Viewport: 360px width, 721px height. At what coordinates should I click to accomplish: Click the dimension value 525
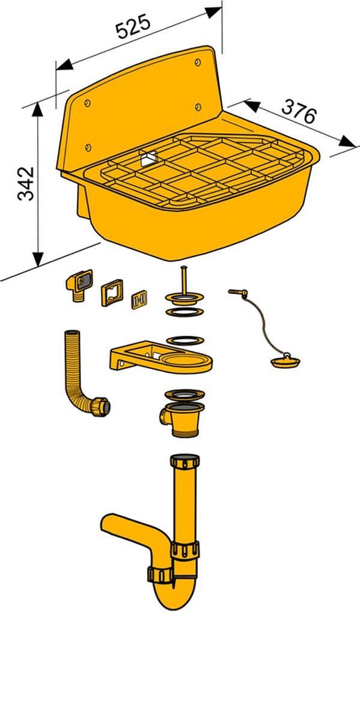coord(133,26)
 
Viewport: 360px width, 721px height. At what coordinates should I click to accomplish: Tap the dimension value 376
coord(299,111)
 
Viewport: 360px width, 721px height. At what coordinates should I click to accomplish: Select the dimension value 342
coord(26,184)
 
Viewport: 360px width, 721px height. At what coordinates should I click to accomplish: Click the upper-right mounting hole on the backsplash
coord(199,62)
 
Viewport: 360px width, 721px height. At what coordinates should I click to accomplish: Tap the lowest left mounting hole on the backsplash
coord(88,147)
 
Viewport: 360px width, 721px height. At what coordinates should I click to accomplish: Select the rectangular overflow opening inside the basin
coord(147,159)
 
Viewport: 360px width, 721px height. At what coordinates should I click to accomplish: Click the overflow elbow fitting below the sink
coord(79,285)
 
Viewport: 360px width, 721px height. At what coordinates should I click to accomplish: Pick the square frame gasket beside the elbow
coord(111,293)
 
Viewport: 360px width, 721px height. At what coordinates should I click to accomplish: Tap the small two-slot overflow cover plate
coord(139,300)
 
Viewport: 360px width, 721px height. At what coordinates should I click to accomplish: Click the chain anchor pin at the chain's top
coord(238,293)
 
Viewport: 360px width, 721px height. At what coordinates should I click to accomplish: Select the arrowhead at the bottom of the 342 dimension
coord(38,259)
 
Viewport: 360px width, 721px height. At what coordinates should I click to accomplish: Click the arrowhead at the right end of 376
coord(346,141)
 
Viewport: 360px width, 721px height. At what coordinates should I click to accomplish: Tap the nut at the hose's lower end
coord(101,406)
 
